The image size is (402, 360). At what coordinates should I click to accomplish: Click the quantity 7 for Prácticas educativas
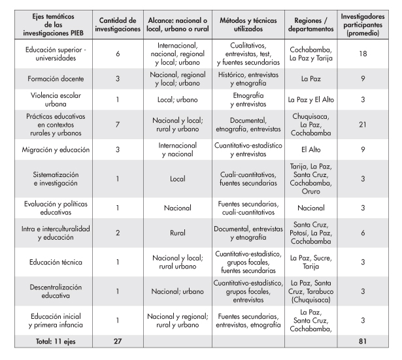coord(118,125)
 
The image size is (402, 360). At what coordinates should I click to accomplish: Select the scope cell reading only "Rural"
coord(177,233)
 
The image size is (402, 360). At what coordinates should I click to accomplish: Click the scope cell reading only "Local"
coord(177,178)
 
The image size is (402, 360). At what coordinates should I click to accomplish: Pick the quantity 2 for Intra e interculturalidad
coord(118,233)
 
